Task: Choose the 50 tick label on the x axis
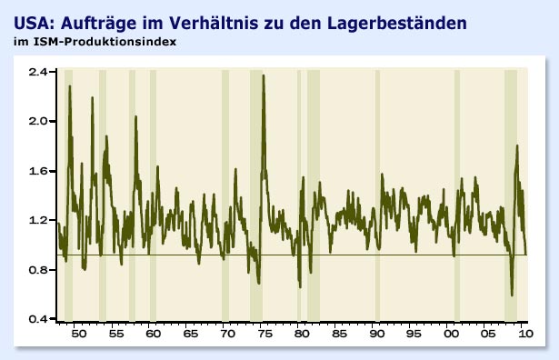pyautogui.click(x=78, y=335)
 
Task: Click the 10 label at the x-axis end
pyautogui.click(x=525, y=335)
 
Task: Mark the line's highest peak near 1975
pyautogui.click(x=264, y=75)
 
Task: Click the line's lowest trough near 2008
pyautogui.click(x=512, y=295)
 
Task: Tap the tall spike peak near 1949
pyautogui.click(x=70, y=85)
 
